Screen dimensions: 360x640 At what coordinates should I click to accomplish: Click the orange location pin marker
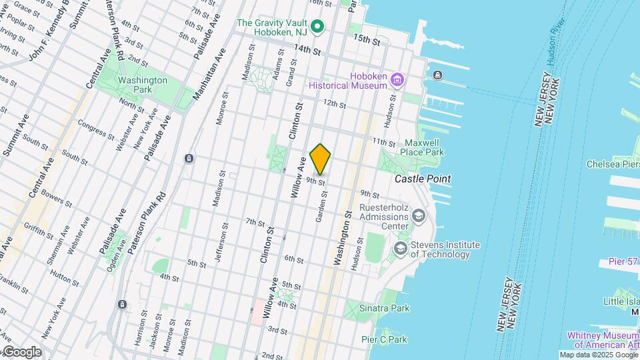(321, 158)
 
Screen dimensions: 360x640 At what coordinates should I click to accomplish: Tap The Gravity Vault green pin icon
(318, 27)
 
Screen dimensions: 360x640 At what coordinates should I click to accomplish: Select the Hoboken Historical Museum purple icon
(398, 80)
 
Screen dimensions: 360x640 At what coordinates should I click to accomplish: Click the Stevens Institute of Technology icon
(401, 249)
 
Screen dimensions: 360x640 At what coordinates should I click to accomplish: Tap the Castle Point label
(422, 179)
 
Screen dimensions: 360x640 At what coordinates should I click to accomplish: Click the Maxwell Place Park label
(425, 147)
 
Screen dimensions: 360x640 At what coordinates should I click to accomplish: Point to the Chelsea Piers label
(612, 164)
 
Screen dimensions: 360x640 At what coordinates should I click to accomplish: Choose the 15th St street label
(367, 41)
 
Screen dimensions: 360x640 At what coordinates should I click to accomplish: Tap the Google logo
(21, 352)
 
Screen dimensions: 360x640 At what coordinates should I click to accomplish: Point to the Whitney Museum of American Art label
(602, 340)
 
